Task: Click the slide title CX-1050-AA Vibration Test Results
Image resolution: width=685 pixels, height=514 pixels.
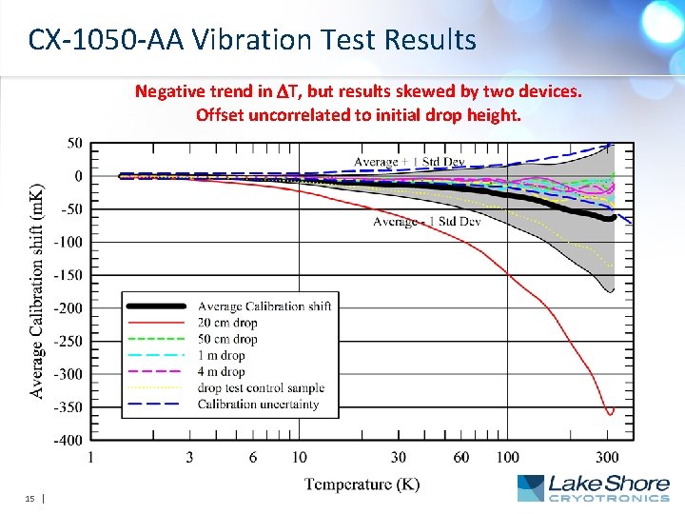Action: [252, 40]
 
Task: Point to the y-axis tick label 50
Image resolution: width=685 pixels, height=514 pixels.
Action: [73, 143]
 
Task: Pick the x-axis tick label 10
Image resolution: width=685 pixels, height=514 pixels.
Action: [300, 458]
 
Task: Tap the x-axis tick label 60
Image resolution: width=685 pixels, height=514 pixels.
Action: [460, 458]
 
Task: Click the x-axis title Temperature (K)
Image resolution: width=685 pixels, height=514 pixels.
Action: [362, 484]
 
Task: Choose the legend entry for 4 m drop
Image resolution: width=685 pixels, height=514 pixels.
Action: [221, 372]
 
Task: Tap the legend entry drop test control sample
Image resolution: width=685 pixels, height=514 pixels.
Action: [261, 388]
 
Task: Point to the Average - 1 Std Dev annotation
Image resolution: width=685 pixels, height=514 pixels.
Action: [426, 222]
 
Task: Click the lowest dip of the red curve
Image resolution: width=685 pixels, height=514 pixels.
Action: [610, 412]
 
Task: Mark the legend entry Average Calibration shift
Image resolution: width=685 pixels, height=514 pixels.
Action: [264, 306]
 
